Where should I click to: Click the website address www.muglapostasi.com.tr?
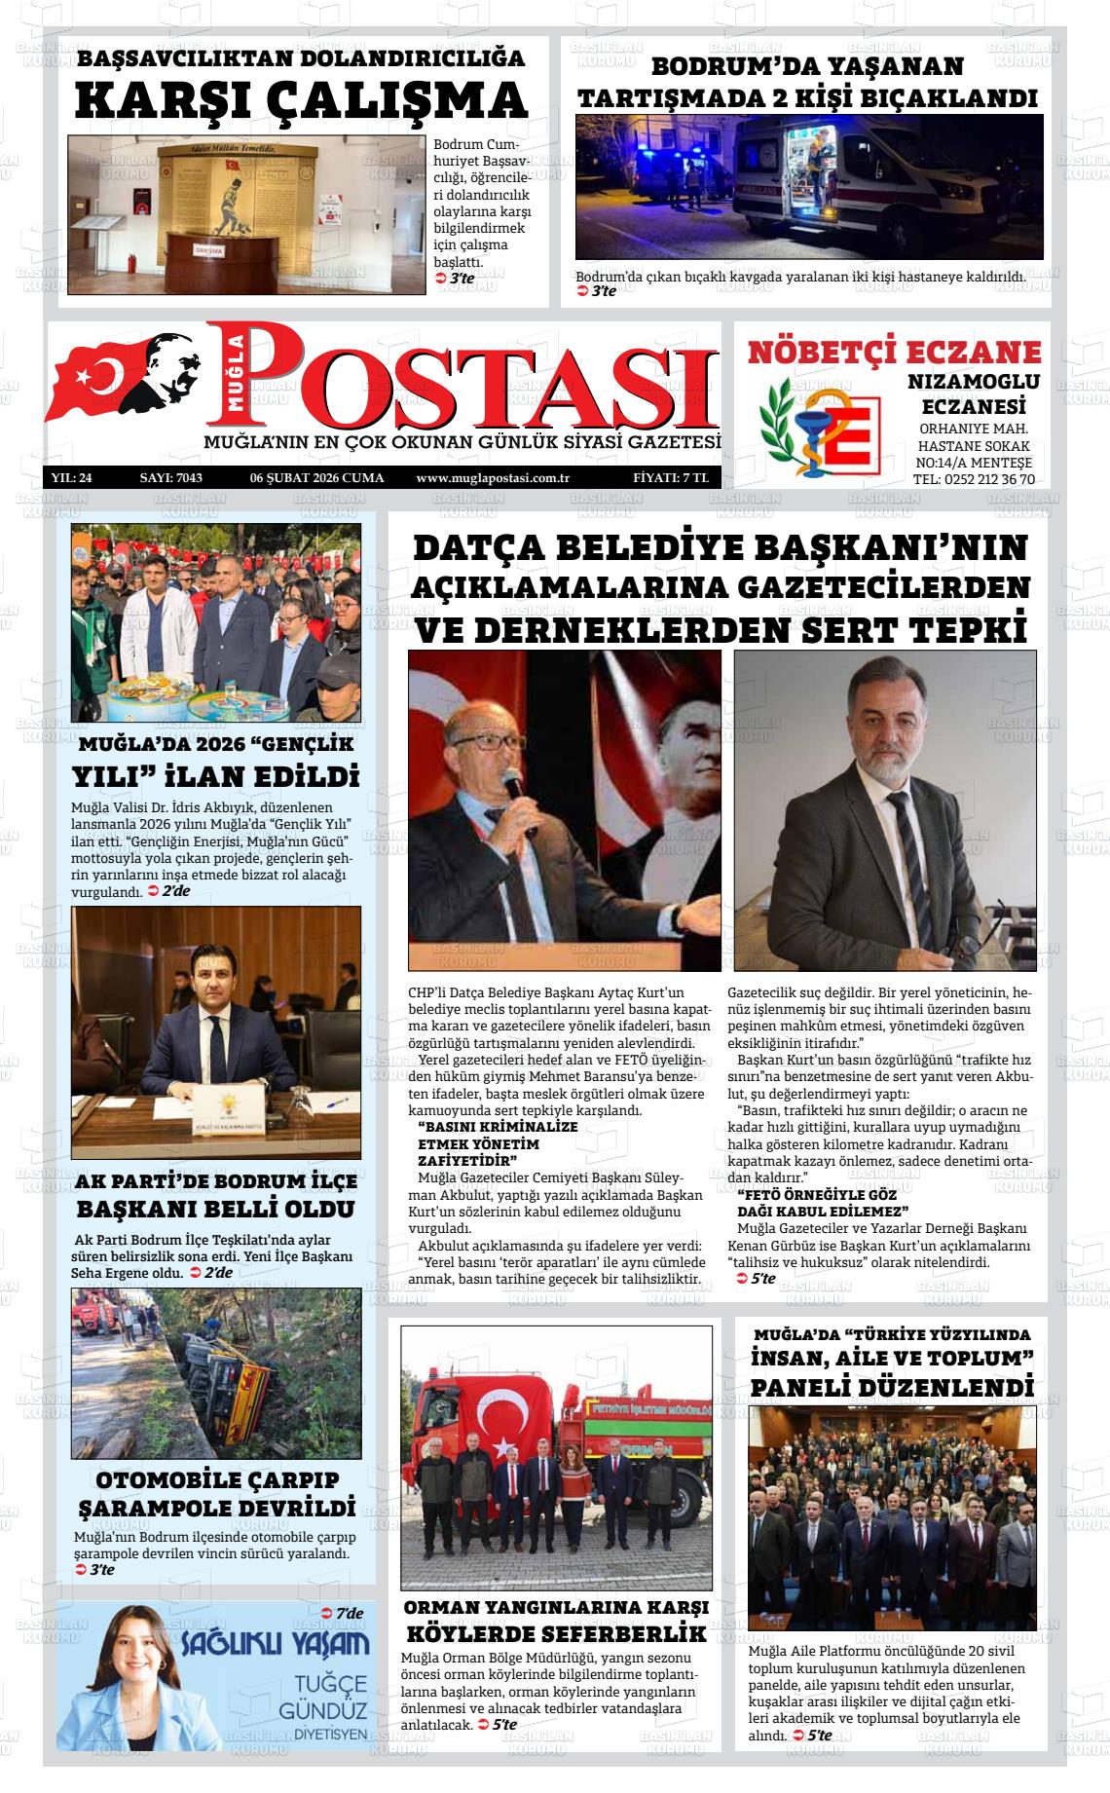pyautogui.click(x=492, y=478)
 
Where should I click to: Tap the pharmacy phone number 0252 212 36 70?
pyautogui.click(x=974, y=479)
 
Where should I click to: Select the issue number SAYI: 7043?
pyautogui.click(x=171, y=478)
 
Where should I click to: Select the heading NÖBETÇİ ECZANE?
pyautogui.click(x=894, y=352)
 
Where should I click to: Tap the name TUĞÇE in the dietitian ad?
pyautogui.click(x=332, y=1686)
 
